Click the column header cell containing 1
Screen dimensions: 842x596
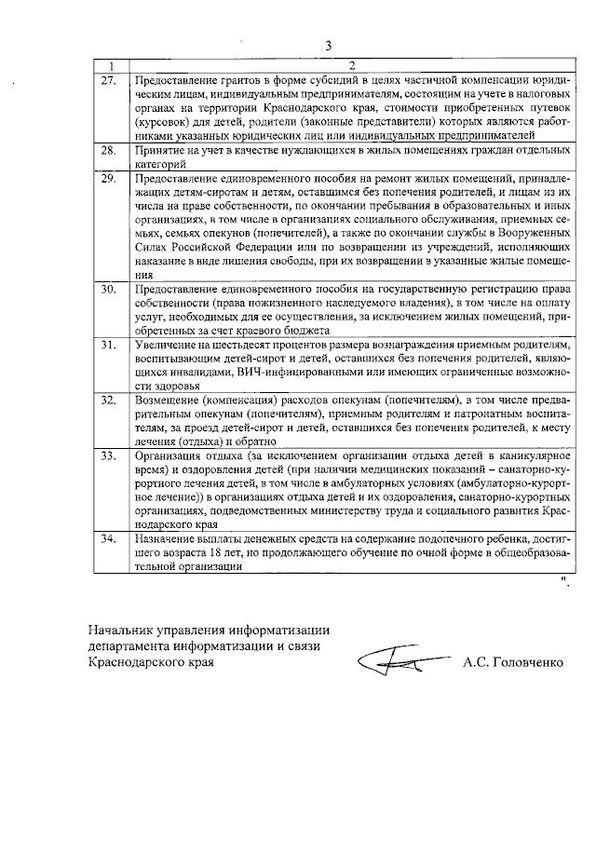pos(111,65)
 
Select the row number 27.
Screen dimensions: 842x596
pos(108,79)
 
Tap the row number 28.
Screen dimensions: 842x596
pos(108,149)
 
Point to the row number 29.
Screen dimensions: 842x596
pos(108,176)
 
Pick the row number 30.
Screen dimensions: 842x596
pos(108,290)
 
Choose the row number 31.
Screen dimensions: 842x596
pos(108,344)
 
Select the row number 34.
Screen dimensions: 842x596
pos(108,537)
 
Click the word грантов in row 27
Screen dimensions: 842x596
pos(237,80)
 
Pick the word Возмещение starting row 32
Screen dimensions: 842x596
pos(169,399)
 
